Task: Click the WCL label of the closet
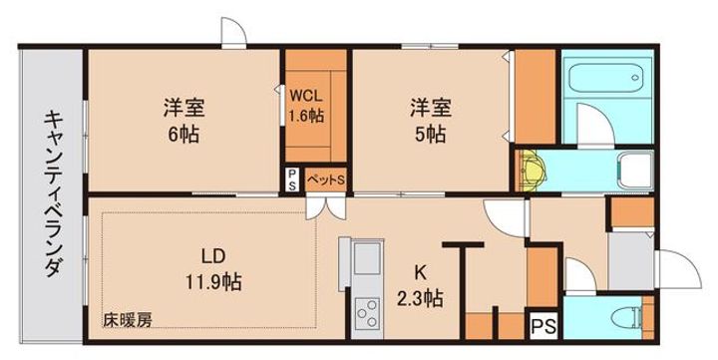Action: pyautogui.click(x=306, y=96)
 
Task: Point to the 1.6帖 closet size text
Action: pyautogui.click(x=306, y=116)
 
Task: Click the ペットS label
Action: pyautogui.click(x=325, y=180)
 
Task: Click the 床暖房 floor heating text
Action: pyautogui.click(x=127, y=320)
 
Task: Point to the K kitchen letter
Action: pyautogui.click(x=422, y=269)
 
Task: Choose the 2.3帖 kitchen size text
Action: pyautogui.click(x=422, y=296)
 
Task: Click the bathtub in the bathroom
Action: pyautogui.click(x=608, y=78)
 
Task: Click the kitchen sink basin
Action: pyautogui.click(x=367, y=262)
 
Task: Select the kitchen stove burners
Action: pyautogui.click(x=366, y=313)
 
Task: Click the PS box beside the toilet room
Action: pyautogui.click(x=542, y=325)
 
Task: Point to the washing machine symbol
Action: pyautogui.click(x=529, y=169)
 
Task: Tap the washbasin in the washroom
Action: pyautogui.click(x=633, y=168)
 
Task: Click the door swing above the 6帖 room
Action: pyautogui.click(x=233, y=33)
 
